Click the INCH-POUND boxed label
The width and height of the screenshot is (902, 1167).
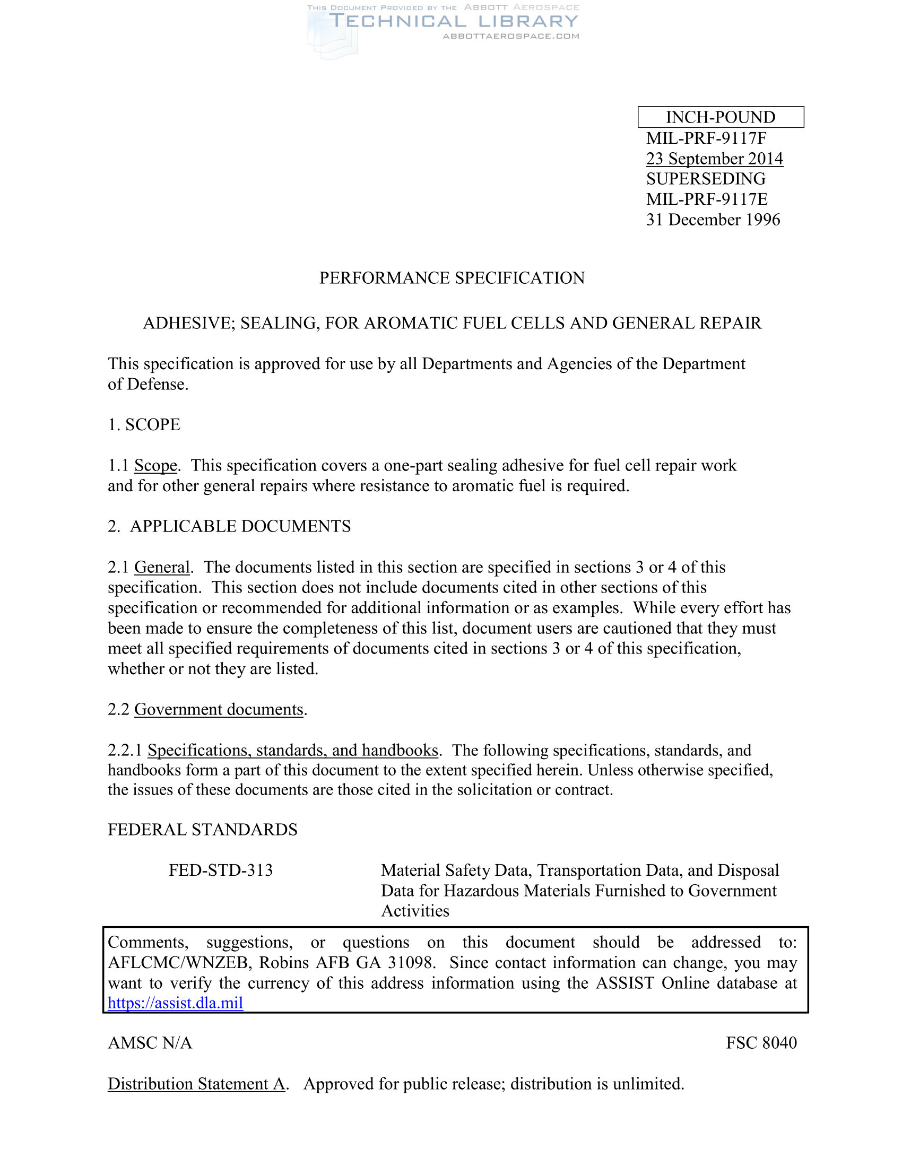tap(721, 117)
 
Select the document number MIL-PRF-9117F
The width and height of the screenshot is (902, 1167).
tap(706, 138)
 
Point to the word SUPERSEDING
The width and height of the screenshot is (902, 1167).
tap(705, 178)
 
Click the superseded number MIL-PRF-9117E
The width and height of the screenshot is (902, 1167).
tap(706, 199)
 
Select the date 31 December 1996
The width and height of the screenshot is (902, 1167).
tap(713, 220)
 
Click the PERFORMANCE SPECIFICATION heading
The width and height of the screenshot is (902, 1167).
tap(452, 278)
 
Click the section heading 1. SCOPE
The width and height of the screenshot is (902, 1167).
tap(144, 425)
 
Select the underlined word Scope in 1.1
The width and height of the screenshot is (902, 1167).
tap(155, 465)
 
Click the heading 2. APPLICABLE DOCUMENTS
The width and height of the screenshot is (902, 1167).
tap(229, 526)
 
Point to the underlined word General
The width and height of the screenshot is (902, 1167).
tap(162, 567)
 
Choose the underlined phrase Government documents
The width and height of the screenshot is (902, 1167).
tap(219, 709)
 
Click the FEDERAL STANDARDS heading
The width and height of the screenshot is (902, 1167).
tap(203, 830)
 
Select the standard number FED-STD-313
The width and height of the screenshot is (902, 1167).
tap(221, 870)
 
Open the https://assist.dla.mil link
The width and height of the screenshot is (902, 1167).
tap(175, 1003)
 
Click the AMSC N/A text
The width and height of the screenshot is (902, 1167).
tap(150, 1043)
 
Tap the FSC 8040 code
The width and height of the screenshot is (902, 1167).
tap(761, 1043)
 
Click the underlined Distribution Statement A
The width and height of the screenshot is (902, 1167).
tap(196, 1084)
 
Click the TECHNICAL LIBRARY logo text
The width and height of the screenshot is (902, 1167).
tap(453, 21)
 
